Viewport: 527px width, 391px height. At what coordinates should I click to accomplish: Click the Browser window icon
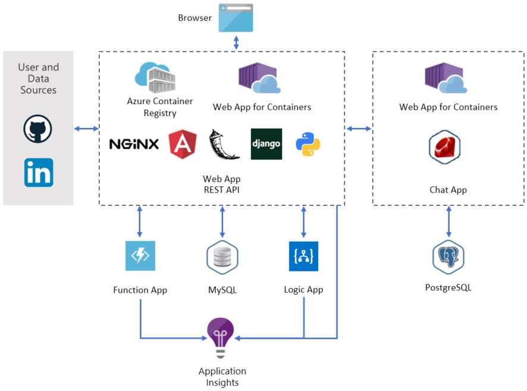pyautogui.click(x=236, y=18)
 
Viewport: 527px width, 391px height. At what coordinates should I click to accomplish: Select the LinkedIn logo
pyautogui.click(x=39, y=172)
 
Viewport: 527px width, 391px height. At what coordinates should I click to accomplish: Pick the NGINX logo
pyautogui.click(x=134, y=144)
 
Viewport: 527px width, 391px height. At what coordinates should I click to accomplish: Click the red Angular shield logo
pyautogui.click(x=183, y=144)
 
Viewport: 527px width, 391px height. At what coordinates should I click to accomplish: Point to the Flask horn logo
pyautogui.click(x=224, y=144)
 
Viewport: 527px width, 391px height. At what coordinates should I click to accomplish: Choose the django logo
pyautogui.click(x=266, y=144)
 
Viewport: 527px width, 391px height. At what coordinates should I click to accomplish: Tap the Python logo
pyautogui.click(x=308, y=144)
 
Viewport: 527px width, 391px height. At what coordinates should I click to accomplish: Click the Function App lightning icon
pyautogui.click(x=140, y=256)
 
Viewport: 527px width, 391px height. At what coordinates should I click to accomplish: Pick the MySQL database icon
pyautogui.click(x=222, y=257)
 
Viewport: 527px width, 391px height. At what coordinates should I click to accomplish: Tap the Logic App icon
pyautogui.click(x=303, y=256)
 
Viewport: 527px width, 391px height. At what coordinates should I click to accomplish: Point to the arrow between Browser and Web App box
pyautogui.click(x=236, y=42)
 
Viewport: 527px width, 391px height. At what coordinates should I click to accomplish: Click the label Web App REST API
pyautogui.click(x=222, y=184)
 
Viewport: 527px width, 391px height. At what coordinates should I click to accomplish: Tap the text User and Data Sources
pyautogui.click(x=38, y=79)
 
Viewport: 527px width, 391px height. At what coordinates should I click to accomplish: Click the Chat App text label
pyautogui.click(x=448, y=190)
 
